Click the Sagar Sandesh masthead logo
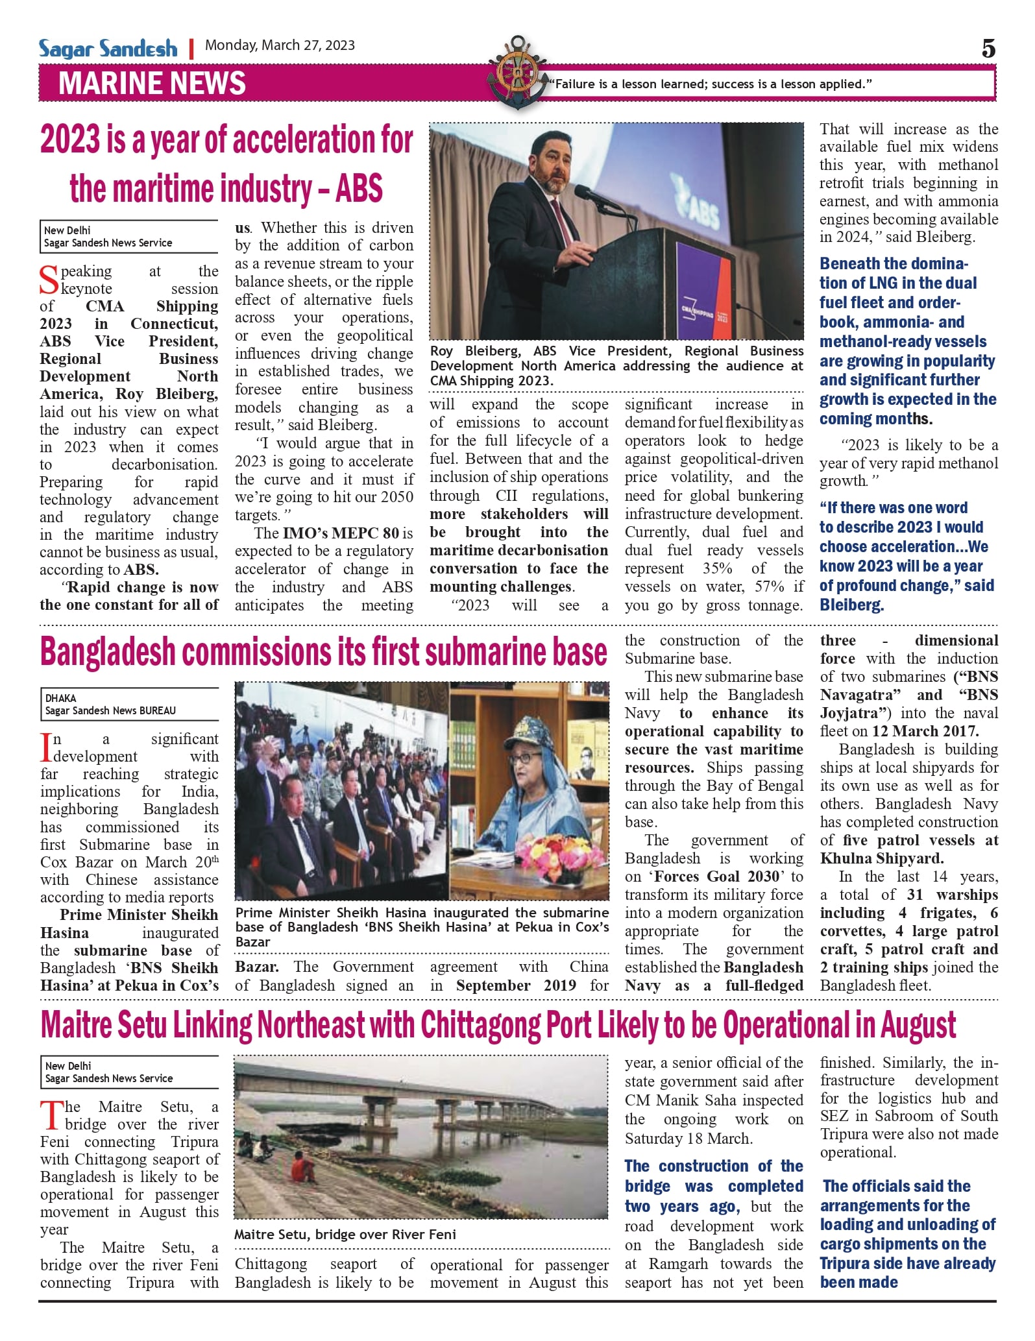point(108,49)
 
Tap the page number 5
point(988,49)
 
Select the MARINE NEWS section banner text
point(152,84)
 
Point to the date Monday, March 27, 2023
point(280,45)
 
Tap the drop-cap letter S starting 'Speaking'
point(49,280)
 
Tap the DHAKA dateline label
point(60,698)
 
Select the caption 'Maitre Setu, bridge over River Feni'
point(345,1234)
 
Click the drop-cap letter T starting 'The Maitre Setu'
point(49,1116)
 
